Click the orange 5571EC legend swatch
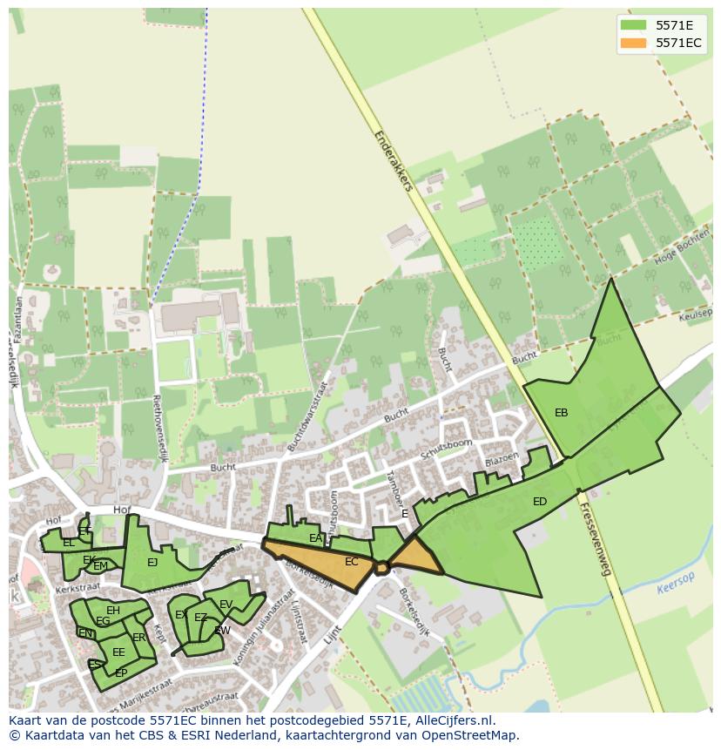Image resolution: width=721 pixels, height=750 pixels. click(x=634, y=43)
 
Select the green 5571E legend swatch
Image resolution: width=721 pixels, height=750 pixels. click(x=634, y=25)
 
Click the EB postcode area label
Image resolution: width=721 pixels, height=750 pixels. click(x=562, y=413)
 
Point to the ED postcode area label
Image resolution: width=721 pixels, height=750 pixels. click(x=540, y=502)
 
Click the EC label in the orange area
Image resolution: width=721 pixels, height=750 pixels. click(x=351, y=562)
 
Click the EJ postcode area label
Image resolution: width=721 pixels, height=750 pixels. click(x=152, y=563)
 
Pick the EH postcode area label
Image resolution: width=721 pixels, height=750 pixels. click(x=113, y=611)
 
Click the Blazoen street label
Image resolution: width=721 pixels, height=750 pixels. click(x=502, y=458)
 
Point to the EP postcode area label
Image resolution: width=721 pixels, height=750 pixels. click(x=121, y=673)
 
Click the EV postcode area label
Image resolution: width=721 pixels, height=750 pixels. click(x=226, y=605)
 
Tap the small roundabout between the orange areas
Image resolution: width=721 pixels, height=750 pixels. click(x=381, y=568)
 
